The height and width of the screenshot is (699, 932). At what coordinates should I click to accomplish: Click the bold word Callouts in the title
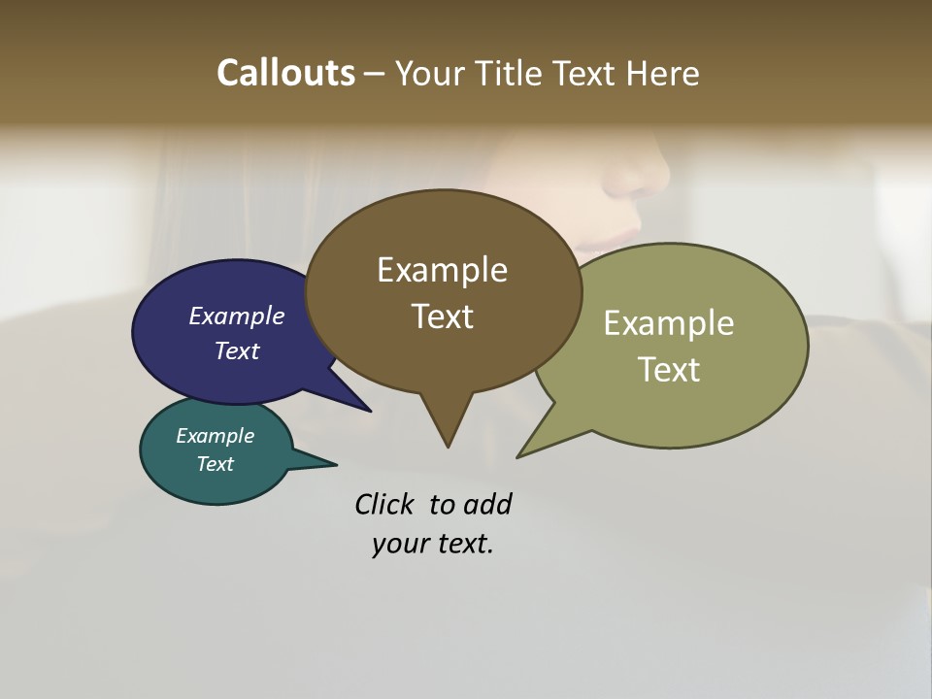point(285,74)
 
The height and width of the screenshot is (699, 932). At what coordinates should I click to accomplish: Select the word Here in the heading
point(663,74)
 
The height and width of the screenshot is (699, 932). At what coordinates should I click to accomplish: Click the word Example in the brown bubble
point(442,270)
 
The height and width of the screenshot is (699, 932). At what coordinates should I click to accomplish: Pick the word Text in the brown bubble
point(442,316)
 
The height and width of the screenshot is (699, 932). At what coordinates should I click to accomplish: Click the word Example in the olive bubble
point(669,323)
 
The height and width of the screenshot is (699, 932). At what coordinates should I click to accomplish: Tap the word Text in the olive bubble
point(669,370)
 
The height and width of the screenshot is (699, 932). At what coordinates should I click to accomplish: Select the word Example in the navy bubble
point(236,316)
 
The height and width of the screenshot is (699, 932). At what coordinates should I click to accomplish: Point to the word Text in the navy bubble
point(236,350)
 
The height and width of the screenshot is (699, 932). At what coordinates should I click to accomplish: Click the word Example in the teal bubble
point(215,436)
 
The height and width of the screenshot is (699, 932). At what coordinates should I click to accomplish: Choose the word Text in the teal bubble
point(215,464)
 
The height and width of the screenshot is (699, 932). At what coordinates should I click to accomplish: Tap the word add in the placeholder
point(486,505)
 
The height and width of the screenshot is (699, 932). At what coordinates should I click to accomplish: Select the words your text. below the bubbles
point(433,544)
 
